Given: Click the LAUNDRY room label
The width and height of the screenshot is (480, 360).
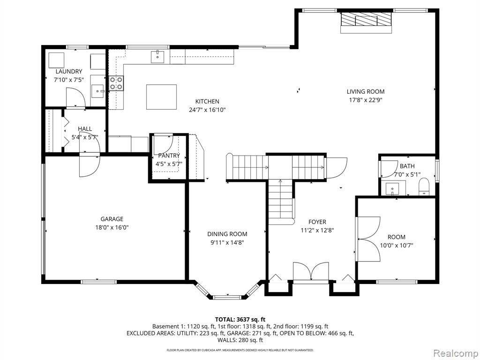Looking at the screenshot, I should [68, 72].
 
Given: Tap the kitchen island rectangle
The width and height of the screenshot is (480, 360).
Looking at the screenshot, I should [161, 97].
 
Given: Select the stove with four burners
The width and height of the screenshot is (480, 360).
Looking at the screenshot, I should [116, 83].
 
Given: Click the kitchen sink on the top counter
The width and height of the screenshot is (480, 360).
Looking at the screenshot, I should [157, 57].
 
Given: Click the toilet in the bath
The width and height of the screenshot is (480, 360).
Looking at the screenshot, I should [424, 187].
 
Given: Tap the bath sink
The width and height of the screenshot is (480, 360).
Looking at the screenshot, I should [392, 189].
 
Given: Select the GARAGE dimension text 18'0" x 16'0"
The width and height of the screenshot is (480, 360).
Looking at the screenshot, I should [112, 227].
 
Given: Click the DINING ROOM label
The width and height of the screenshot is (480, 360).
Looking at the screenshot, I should [227, 234].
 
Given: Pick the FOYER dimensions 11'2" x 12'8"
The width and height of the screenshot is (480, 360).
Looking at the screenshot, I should [317, 230].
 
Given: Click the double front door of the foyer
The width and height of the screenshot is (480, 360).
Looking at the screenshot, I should [311, 272].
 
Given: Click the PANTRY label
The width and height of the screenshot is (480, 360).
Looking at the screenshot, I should [169, 156].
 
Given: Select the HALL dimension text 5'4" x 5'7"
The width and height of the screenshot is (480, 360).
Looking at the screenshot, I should [85, 137].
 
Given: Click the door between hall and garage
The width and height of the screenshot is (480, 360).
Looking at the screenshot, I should [89, 164].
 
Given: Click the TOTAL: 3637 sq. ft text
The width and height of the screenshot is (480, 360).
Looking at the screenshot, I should [240, 319].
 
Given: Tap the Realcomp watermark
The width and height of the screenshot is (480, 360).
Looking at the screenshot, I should [453, 352].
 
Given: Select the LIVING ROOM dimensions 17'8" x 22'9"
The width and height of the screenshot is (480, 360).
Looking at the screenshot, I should [366, 100].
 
